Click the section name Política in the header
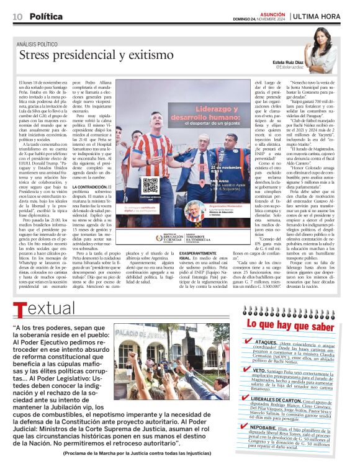coord(46,16)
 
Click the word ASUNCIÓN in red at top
coord(272,13)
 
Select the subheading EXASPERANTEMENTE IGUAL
coord(195,256)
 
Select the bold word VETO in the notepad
coord(263,370)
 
